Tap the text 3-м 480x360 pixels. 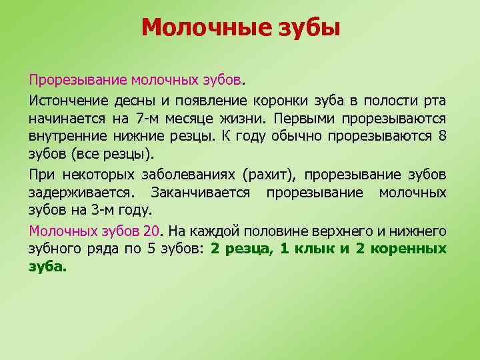pos(103,211)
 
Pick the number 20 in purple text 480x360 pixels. pos(151,231)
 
